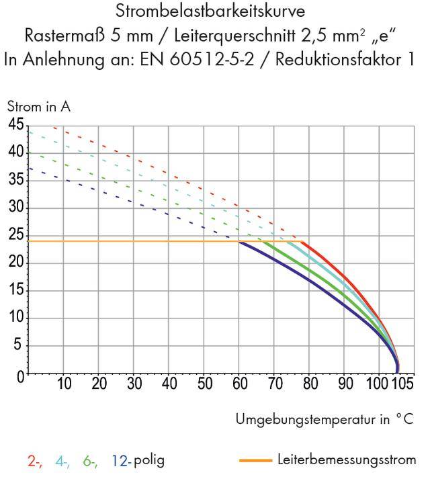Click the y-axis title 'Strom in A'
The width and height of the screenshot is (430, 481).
[38, 106]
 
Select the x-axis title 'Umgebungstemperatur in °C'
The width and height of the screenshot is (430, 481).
[325, 420]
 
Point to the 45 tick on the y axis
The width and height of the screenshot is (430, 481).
[15, 125]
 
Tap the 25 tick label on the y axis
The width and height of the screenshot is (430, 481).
[15, 236]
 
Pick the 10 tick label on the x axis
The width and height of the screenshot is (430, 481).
[64, 384]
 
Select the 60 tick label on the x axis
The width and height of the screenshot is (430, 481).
[240, 384]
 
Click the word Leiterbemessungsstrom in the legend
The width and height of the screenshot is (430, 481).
[346, 460]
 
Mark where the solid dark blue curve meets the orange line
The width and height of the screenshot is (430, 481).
[240, 241]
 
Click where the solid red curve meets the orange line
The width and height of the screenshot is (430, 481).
[302, 241]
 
